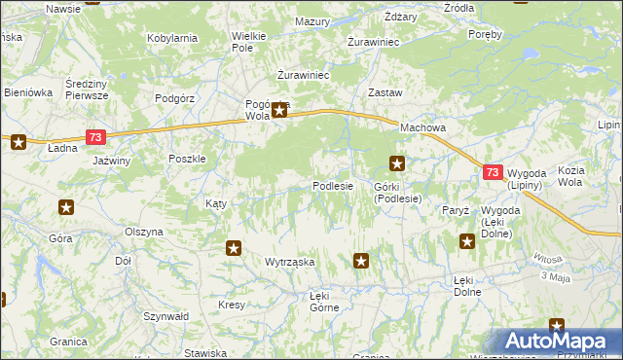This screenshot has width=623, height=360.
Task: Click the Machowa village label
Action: pyautogui.click(x=421, y=128)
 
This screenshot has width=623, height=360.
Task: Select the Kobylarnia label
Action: pyautogui.click(x=172, y=38)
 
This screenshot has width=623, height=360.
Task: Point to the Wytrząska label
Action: pyautogui.click(x=289, y=263)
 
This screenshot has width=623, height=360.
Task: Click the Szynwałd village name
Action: pyautogui.click(x=165, y=316)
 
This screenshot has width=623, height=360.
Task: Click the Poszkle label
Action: pyautogui.click(x=187, y=159)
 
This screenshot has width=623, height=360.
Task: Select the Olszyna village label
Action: pyautogui.click(x=144, y=233)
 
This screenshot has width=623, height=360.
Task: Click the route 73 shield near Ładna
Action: pyautogui.click(x=95, y=138)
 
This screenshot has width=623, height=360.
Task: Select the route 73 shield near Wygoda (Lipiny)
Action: pyautogui.click(x=493, y=172)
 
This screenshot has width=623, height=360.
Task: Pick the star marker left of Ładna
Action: pyautogui.click(x=18, y=143)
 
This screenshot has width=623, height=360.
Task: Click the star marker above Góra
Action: pyautogui.click(x=66, y=206)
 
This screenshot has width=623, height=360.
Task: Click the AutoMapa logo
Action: pyautogui.click(x=558, y=342)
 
